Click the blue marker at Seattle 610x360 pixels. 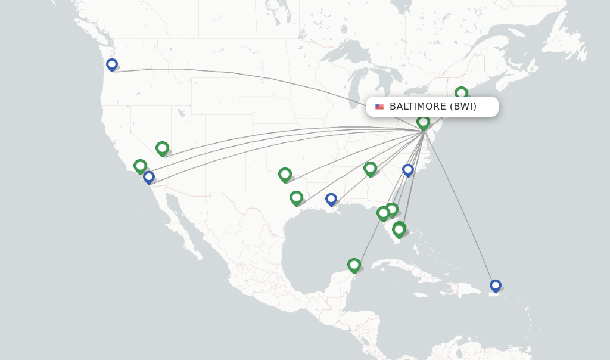pos(112,64)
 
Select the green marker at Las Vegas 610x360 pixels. pos(162,148)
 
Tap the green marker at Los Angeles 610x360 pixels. pos(140,166)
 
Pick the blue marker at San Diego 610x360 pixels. pos(149,177)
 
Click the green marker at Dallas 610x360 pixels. pos(285,174)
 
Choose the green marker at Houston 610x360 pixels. pos(296,197)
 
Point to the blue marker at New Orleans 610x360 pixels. pos(331,199)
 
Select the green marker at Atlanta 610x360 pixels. pos(370,169)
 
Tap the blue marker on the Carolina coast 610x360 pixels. pos(408,170)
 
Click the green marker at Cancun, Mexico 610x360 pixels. pos(354,265)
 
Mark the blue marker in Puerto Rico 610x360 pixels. pos(495,285)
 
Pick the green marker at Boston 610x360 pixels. pos(461,93)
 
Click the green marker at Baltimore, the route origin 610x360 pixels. pos(423,122)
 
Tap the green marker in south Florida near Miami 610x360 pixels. pos(399,229)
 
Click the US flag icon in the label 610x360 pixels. pos(379,107)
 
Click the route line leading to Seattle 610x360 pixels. pos(238,74)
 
